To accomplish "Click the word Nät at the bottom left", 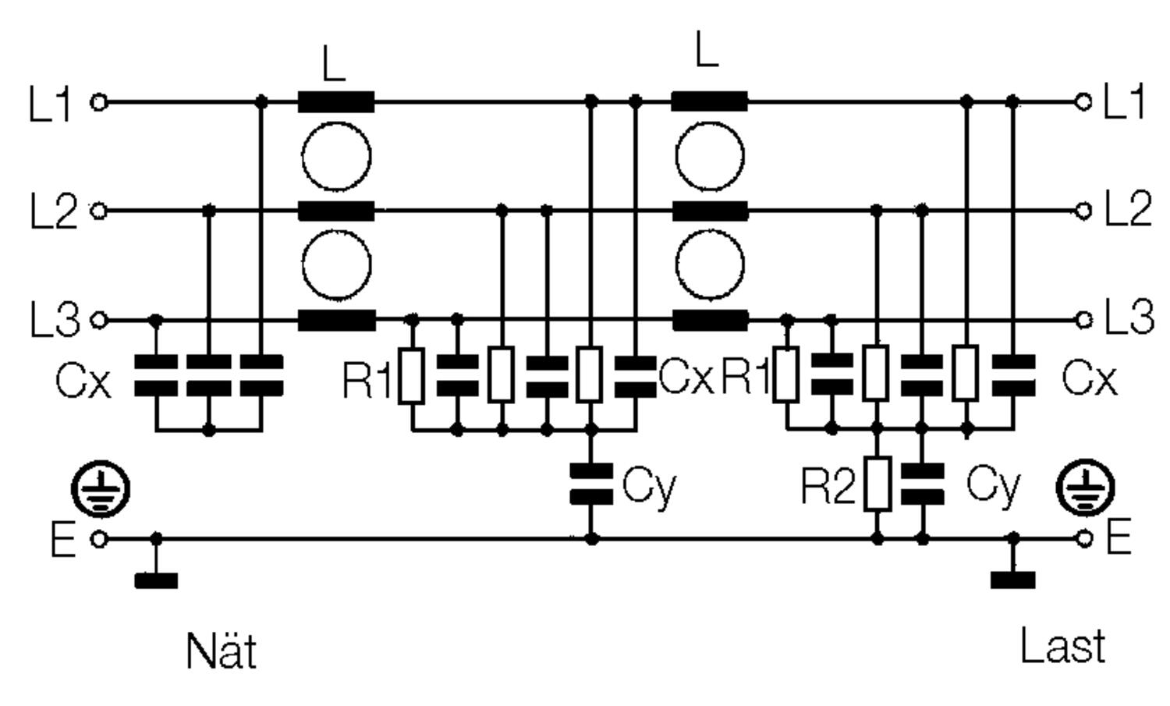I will (222, 651).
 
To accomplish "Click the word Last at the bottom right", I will (1063, 647).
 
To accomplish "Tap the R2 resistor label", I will (828, 486).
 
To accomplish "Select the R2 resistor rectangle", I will (877, 484).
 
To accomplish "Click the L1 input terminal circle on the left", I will (99, 102).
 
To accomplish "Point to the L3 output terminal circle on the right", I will (1083, 320).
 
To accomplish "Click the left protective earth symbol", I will (101, 490).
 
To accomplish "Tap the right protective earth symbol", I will (1085, 489).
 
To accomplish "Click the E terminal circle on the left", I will (99, 538).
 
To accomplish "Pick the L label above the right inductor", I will (707, 51).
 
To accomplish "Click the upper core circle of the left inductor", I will (336, 156).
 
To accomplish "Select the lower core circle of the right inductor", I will (709, 265).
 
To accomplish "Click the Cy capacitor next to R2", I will (922, 484).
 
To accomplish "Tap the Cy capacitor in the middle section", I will (591, 484).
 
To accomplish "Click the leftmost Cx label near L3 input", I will (83, 381).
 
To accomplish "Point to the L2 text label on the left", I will (53, 211).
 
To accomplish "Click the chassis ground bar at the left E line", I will (156, 580).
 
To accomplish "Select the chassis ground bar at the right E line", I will (1012, 580).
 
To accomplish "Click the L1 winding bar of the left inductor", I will (336, 102).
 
